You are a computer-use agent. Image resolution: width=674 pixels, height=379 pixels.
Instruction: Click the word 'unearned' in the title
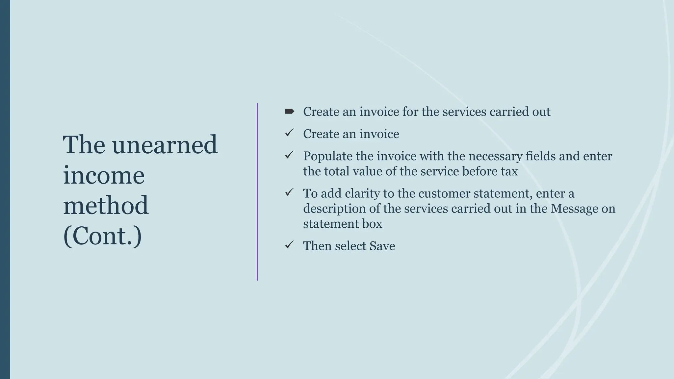point(165,145)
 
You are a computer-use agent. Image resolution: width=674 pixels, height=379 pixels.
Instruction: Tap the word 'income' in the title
point(104,175)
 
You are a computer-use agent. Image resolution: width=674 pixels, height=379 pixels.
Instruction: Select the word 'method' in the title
point(106,205)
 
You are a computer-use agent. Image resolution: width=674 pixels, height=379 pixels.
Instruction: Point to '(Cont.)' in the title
point(102,236)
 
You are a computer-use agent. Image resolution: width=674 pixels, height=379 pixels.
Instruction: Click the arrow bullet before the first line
point(289,112)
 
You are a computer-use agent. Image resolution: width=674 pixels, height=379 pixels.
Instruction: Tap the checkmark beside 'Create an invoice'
point(289,133)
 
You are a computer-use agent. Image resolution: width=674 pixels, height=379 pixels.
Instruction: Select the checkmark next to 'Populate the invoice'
point(289,155)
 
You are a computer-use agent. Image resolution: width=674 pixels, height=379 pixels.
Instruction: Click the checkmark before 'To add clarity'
point(289,192)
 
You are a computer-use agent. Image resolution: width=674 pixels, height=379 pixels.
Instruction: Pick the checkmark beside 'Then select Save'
point(289,245)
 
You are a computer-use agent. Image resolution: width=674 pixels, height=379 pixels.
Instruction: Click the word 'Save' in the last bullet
point(382,246)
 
